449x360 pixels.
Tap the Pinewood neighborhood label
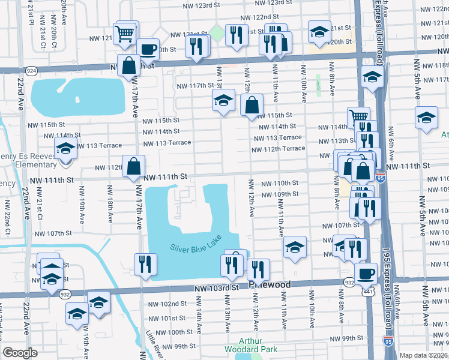tap(270, 284)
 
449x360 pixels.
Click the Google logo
tap(20, 353)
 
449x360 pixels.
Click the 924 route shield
tap(32, 71)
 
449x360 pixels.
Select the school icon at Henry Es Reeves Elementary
tap(65, 148)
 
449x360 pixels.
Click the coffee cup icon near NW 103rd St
tap(366, 274)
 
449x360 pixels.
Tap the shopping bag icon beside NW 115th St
tap(252, 105)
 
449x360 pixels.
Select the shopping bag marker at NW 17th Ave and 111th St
tap(133, 166)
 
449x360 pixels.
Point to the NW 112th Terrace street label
tap(286, 148)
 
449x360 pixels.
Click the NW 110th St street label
tap(279, 183)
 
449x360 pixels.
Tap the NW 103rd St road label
tap(217, 289)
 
